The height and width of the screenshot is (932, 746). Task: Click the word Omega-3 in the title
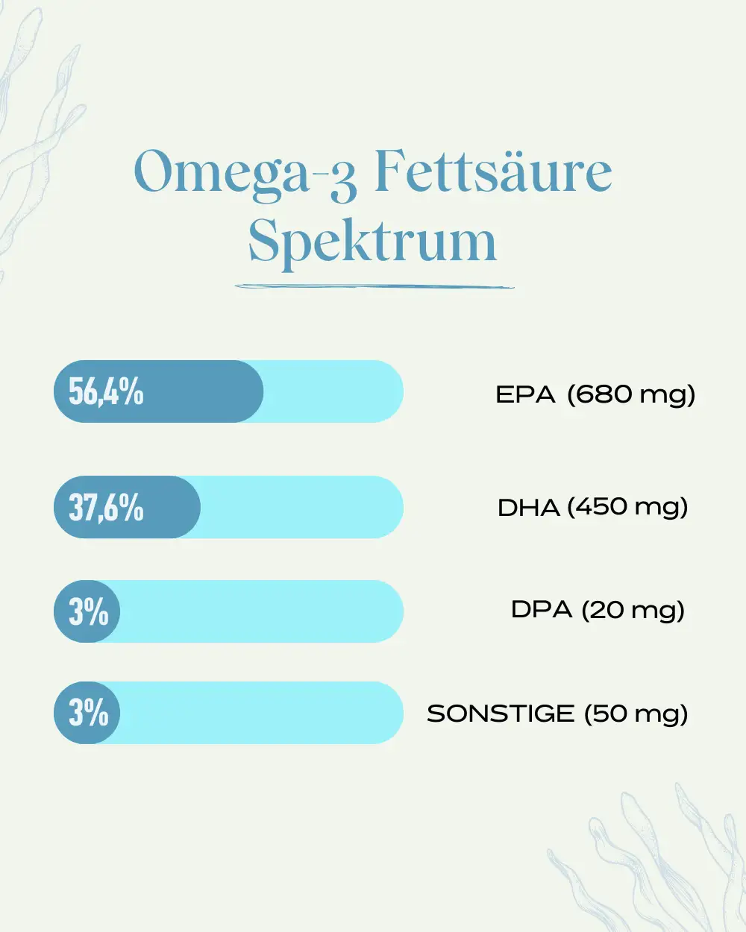click(245, 175)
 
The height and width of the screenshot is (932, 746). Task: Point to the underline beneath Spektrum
click(374, 286)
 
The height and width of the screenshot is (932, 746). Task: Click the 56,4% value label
click(106, 391)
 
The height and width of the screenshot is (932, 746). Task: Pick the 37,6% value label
click(106, 507)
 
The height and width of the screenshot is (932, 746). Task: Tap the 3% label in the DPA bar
click(89, 611)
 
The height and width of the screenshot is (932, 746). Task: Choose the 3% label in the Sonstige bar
click(89, 713)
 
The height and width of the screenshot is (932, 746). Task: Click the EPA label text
click(525, 394)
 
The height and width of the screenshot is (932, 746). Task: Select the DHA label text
click(528, 508)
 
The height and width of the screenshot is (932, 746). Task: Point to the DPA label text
click(542, 610)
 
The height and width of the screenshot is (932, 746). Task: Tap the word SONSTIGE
click(501, 714)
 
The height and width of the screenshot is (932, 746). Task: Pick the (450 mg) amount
click(627, 508)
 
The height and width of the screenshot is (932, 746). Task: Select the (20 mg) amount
click(633, 611)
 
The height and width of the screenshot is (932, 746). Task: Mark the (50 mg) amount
click(636, 714)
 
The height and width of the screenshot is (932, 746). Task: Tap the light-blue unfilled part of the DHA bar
click(302, 507)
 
